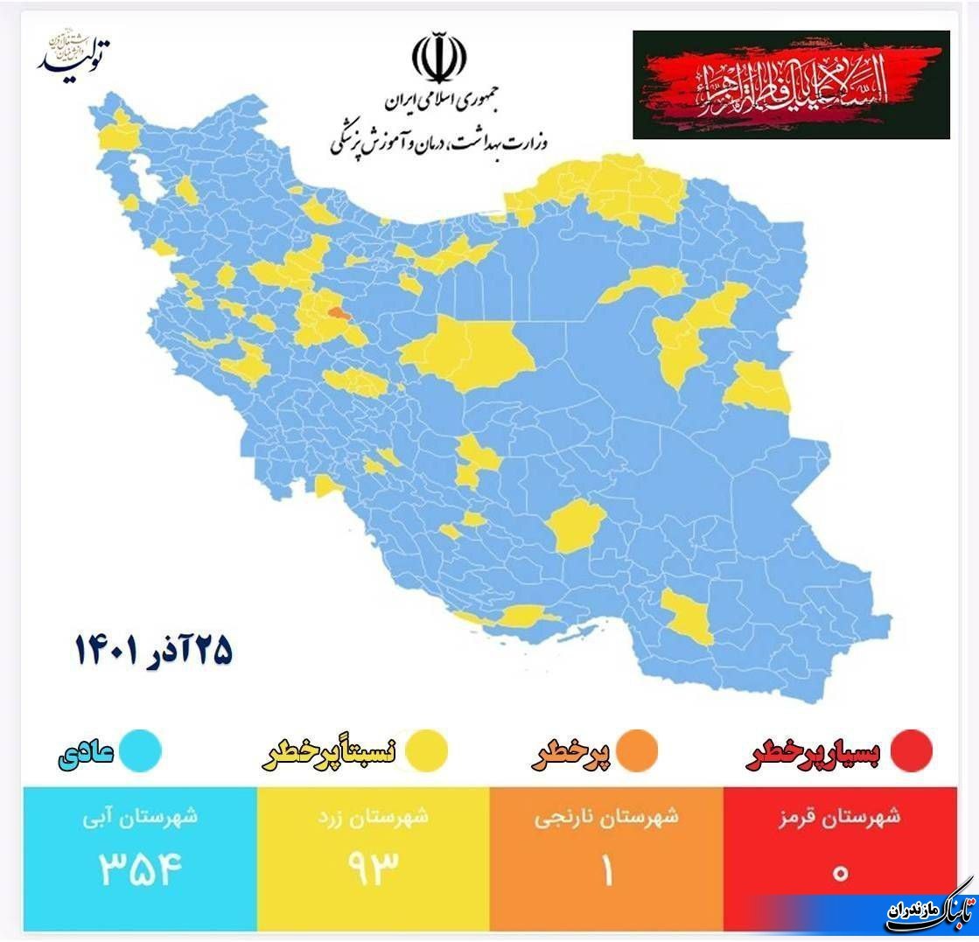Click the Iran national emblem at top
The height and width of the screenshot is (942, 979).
439,58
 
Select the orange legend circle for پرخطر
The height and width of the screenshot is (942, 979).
636,750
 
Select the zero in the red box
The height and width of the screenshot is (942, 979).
841,872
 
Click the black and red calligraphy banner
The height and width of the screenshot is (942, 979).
791,85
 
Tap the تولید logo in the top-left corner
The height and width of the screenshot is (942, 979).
75,54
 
